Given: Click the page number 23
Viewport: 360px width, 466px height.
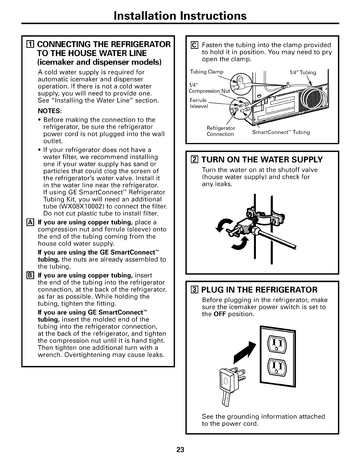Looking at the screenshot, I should (180, 450).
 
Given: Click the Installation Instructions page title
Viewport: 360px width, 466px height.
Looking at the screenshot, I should (180, 15).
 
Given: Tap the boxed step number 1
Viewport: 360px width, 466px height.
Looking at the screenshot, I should (29, 45).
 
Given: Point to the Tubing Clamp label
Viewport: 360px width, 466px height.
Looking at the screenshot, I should (207, 72).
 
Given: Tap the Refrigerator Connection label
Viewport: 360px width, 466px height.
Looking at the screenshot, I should (221, 131).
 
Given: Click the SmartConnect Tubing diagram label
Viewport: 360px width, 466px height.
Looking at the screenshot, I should (281, 132).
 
